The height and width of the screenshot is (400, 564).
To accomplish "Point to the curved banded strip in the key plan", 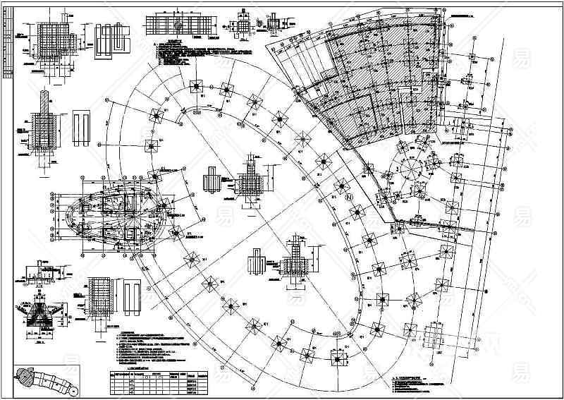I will coord(49,382).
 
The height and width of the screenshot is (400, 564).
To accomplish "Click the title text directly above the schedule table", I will coord(138,368).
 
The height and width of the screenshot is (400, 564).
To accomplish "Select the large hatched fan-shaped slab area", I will coord(384,78).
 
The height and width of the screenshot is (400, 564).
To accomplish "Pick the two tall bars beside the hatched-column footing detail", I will coord(79,128).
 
